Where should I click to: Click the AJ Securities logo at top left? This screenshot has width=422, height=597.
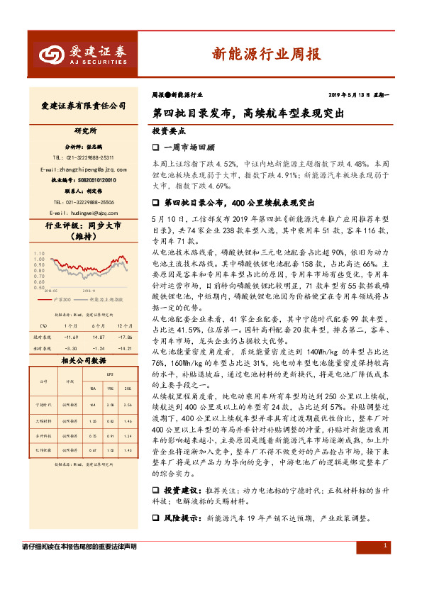point(82,53)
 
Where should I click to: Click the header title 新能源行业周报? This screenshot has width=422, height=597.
point(267,53)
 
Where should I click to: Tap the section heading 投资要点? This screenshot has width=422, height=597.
point(169,131)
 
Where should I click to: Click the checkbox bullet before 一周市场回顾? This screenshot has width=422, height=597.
point(157,147)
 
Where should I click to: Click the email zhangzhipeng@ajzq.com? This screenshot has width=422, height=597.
point(84,169)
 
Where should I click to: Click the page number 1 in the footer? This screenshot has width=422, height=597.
point(384,546)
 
